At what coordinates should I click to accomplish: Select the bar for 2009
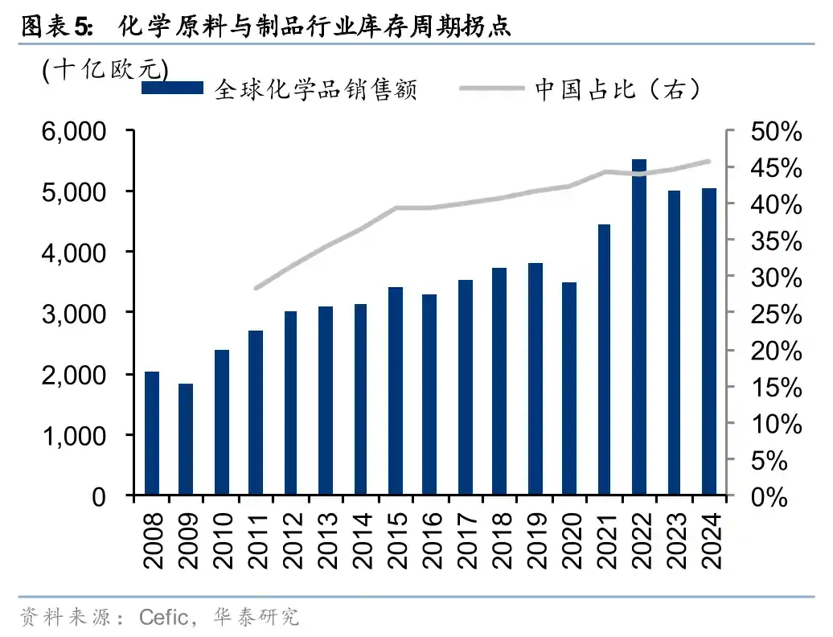pos(186,438)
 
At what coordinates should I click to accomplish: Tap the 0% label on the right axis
pos(780,497)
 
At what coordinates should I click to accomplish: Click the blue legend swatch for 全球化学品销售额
pos(172,88)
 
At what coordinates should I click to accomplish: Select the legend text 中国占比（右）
pos(618,88)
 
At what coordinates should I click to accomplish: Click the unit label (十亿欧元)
pos(105,69)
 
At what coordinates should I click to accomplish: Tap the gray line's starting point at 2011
pos(256,287)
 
